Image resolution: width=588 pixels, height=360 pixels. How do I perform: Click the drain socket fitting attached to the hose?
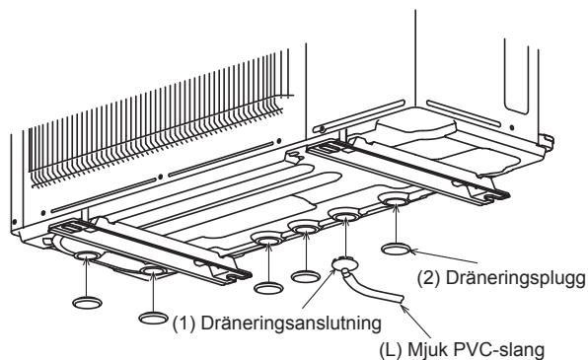click(344, 263)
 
